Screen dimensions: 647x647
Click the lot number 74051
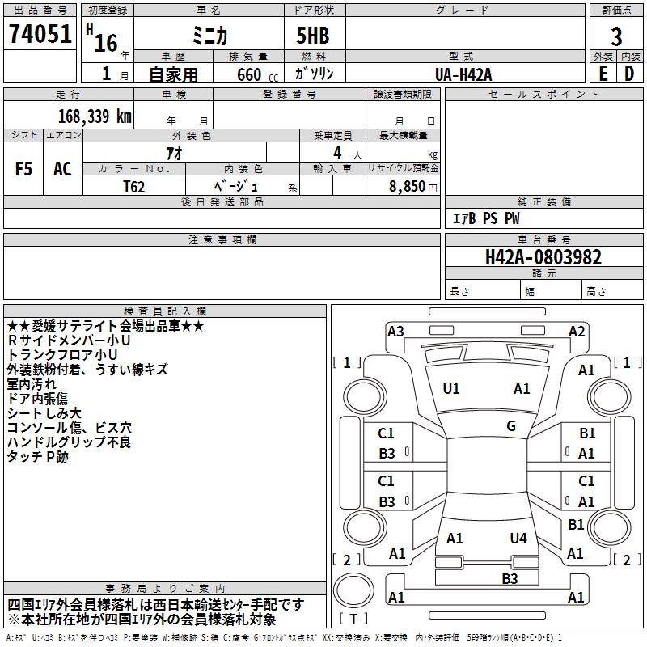click(x=40, y=35)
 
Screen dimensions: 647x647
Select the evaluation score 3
click(x=616, y=36)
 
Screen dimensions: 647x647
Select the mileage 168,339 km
click(x=95, y=116)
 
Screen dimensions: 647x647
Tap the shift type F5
click(x=24, y=169)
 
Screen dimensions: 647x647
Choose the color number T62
click(x=134, y=186)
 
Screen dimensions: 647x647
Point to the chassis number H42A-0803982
click(x=543, y=257)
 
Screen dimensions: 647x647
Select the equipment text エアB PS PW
click(x=485, y=218)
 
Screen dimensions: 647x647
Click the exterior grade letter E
click(x=603, y=74)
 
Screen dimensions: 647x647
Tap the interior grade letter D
click(x=629, y=74)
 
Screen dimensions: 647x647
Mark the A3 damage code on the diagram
click(x=395, y=331)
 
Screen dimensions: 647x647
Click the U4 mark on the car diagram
click(x=518, y=538)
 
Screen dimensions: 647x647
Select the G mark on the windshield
click(x=511, y=426)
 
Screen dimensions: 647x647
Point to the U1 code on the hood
click(x=451, y=389)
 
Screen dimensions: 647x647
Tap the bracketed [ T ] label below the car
click(x=353, y=620)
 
